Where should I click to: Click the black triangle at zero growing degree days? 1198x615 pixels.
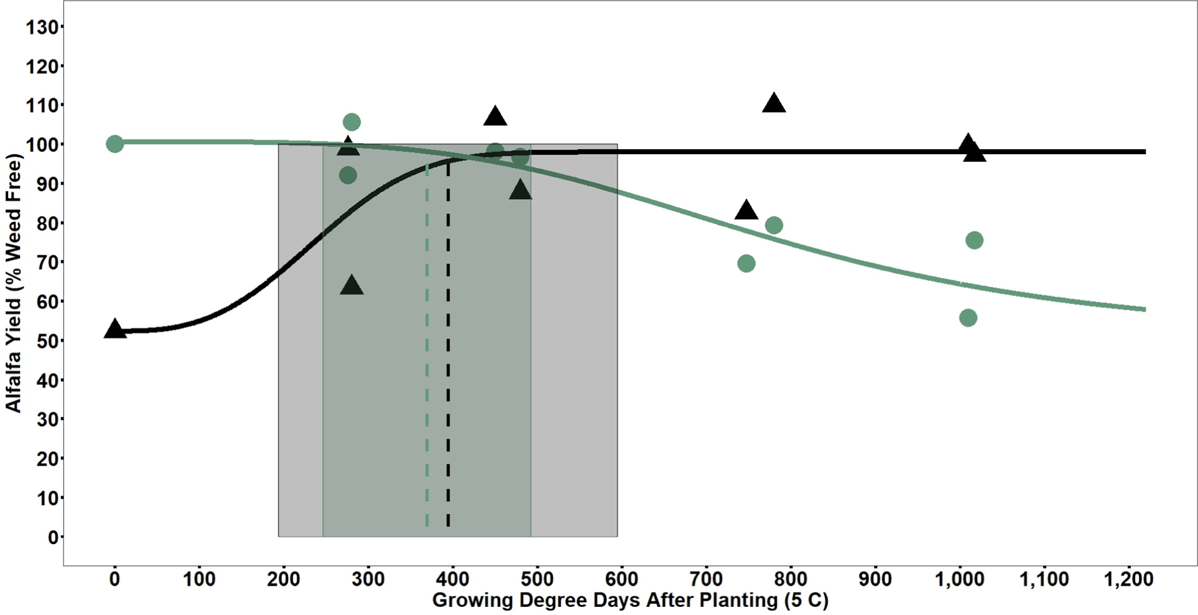click(114, 329)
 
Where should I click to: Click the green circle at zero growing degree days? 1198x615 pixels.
click(114, 144)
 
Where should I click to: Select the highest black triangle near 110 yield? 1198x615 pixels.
click(774, 103)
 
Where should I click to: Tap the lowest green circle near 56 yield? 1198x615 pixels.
click(968, 318)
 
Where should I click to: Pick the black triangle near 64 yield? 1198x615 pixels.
click(352, 285)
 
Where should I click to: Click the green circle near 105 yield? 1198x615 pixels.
click(351, 122)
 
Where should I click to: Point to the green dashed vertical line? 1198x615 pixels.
click(427, 373)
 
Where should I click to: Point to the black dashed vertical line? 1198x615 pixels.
click(448, 373)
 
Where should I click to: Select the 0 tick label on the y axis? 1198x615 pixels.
click(53, 537)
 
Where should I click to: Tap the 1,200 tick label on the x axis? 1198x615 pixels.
click(1128, 580)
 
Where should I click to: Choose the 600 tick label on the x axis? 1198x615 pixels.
click(621, 580)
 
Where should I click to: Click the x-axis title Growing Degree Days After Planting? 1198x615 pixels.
click(630, 601)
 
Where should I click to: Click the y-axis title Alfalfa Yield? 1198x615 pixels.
click(14, 283)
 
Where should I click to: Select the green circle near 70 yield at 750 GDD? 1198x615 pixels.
click(746, 264)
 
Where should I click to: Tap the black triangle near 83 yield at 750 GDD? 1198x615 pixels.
click(746, 211)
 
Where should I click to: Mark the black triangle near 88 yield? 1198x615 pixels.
click(520, 190)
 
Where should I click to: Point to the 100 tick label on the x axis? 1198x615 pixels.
click(199, 580)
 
